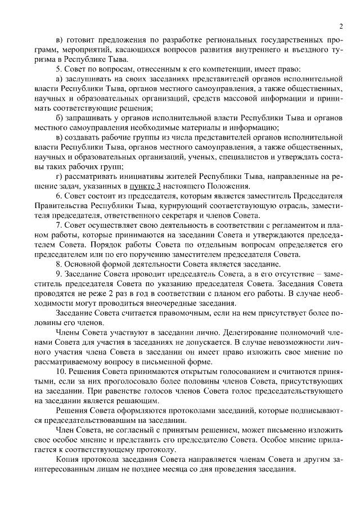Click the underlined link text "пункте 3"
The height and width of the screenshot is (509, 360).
(x=145, y=186)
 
